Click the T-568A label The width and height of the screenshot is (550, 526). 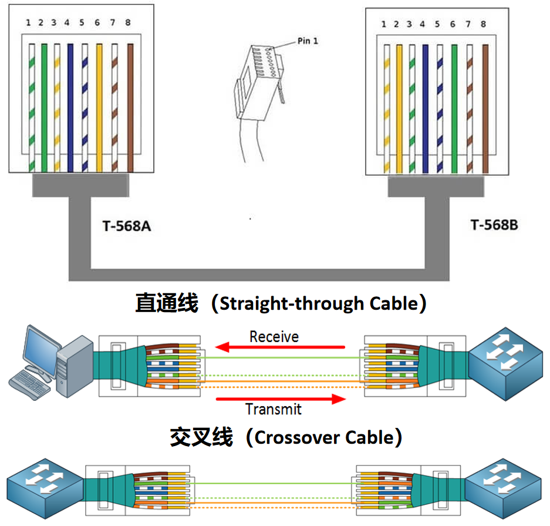[127, 226]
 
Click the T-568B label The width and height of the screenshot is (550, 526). [494, 225]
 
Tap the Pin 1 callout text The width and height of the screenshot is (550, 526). [308, 41]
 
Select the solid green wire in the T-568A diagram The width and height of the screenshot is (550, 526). [44, 108]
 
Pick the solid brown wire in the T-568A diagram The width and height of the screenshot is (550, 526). [130, 108]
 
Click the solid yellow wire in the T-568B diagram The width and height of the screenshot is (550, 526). [399, 109]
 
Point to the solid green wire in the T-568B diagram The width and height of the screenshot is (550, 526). [454, 109]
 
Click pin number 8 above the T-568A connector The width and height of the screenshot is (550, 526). [128, 22]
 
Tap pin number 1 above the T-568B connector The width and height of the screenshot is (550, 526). [383, 24]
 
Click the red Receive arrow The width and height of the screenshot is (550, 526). [280, 347]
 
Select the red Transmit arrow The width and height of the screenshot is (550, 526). [281, 399]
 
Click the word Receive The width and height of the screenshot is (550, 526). [274, 337]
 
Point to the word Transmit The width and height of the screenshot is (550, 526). [274, 409]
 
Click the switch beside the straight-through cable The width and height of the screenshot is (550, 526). [506, 364]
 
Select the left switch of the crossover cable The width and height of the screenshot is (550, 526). [45, 488]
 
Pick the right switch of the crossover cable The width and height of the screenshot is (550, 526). [504, 488]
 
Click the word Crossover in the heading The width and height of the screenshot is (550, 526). [299, 437]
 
